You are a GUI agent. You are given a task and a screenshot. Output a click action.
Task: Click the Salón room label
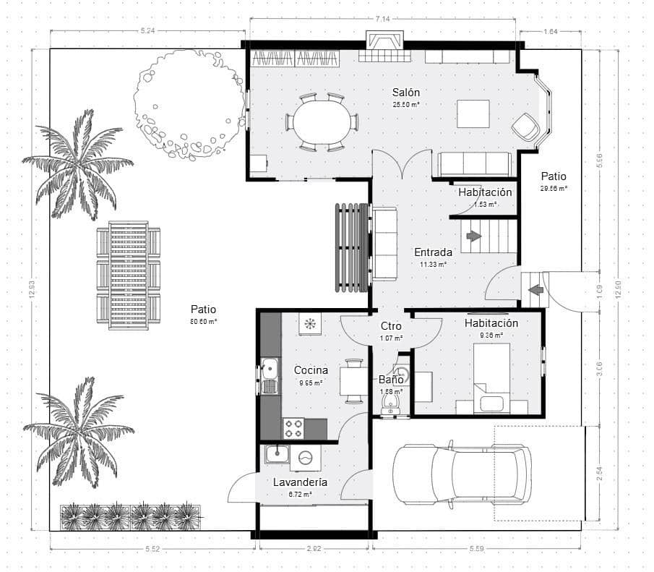pos(406,93)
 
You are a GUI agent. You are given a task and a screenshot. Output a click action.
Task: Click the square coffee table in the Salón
pos(473,114)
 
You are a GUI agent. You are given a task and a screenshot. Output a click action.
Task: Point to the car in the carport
pos(462,473)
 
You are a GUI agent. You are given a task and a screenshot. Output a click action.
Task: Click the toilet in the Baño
pos(391,403)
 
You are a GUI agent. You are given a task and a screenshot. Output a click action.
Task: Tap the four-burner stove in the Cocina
pos(293,429)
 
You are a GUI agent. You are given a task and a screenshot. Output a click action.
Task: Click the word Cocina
pos(311,370)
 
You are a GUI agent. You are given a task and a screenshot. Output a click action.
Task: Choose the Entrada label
pos(433,252)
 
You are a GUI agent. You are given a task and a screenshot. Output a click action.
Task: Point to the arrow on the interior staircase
pos(474,236)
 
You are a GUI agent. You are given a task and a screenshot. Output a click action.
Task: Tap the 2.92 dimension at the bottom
pos(314,550)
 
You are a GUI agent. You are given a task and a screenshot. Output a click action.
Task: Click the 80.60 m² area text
pos(204,321)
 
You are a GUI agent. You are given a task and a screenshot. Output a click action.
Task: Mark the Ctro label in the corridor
pos(391,326)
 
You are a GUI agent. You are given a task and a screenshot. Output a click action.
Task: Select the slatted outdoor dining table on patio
pos(129,276)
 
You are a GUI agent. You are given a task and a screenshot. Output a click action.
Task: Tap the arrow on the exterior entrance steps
pos(535,290)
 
